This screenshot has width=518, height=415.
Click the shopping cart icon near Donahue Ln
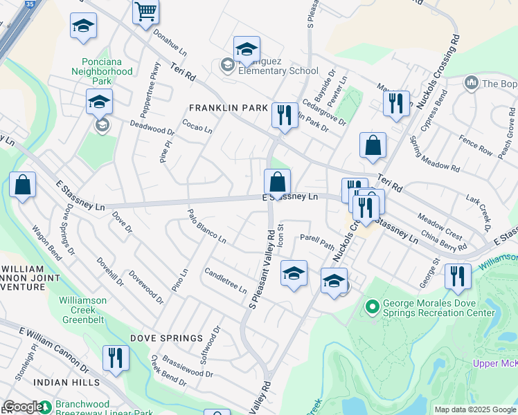146,11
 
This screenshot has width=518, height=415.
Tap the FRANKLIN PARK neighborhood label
229,109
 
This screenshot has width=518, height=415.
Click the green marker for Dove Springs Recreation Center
373,305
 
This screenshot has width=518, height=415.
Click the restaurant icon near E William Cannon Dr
115,358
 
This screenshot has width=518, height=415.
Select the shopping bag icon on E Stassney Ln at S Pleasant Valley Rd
277,183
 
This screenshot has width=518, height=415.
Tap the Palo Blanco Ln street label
206,225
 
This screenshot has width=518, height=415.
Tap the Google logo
22,407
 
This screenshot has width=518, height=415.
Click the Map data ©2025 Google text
474,409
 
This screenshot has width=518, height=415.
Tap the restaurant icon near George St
458,276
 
